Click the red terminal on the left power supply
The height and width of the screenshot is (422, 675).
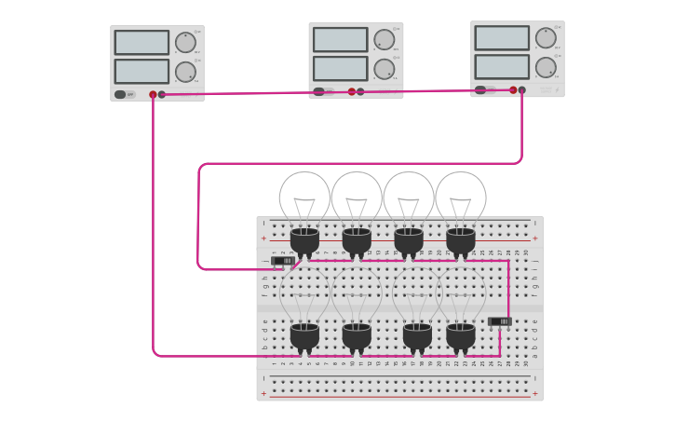(153, 94)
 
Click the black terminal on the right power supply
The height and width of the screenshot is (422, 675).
(521, 90)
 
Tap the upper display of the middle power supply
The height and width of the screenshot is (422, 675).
(340, 39)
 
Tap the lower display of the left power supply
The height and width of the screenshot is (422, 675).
(142, 72)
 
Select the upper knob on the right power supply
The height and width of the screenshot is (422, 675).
(545, 38)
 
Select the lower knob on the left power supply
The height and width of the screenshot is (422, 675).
(185, 72)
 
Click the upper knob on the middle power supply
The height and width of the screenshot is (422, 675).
(384, 39)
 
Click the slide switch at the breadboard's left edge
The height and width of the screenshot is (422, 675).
(282, 261)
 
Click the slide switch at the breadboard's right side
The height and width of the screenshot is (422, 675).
(499, 321)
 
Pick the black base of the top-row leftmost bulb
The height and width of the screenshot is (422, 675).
(304, 240)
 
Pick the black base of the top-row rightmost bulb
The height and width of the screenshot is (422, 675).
(461, 240)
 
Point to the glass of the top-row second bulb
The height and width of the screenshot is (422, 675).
(357, 194)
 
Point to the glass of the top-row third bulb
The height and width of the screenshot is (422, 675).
(409, 194)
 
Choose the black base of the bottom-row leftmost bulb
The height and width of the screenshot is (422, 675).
(304, 335)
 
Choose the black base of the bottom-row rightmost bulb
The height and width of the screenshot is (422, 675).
(461, 335)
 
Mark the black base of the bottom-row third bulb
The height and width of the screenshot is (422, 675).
(416, 335)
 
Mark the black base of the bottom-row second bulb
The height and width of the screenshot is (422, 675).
(357, 335)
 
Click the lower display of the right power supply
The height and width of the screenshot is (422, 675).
(502, 67)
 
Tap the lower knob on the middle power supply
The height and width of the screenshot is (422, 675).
(384, 69)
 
